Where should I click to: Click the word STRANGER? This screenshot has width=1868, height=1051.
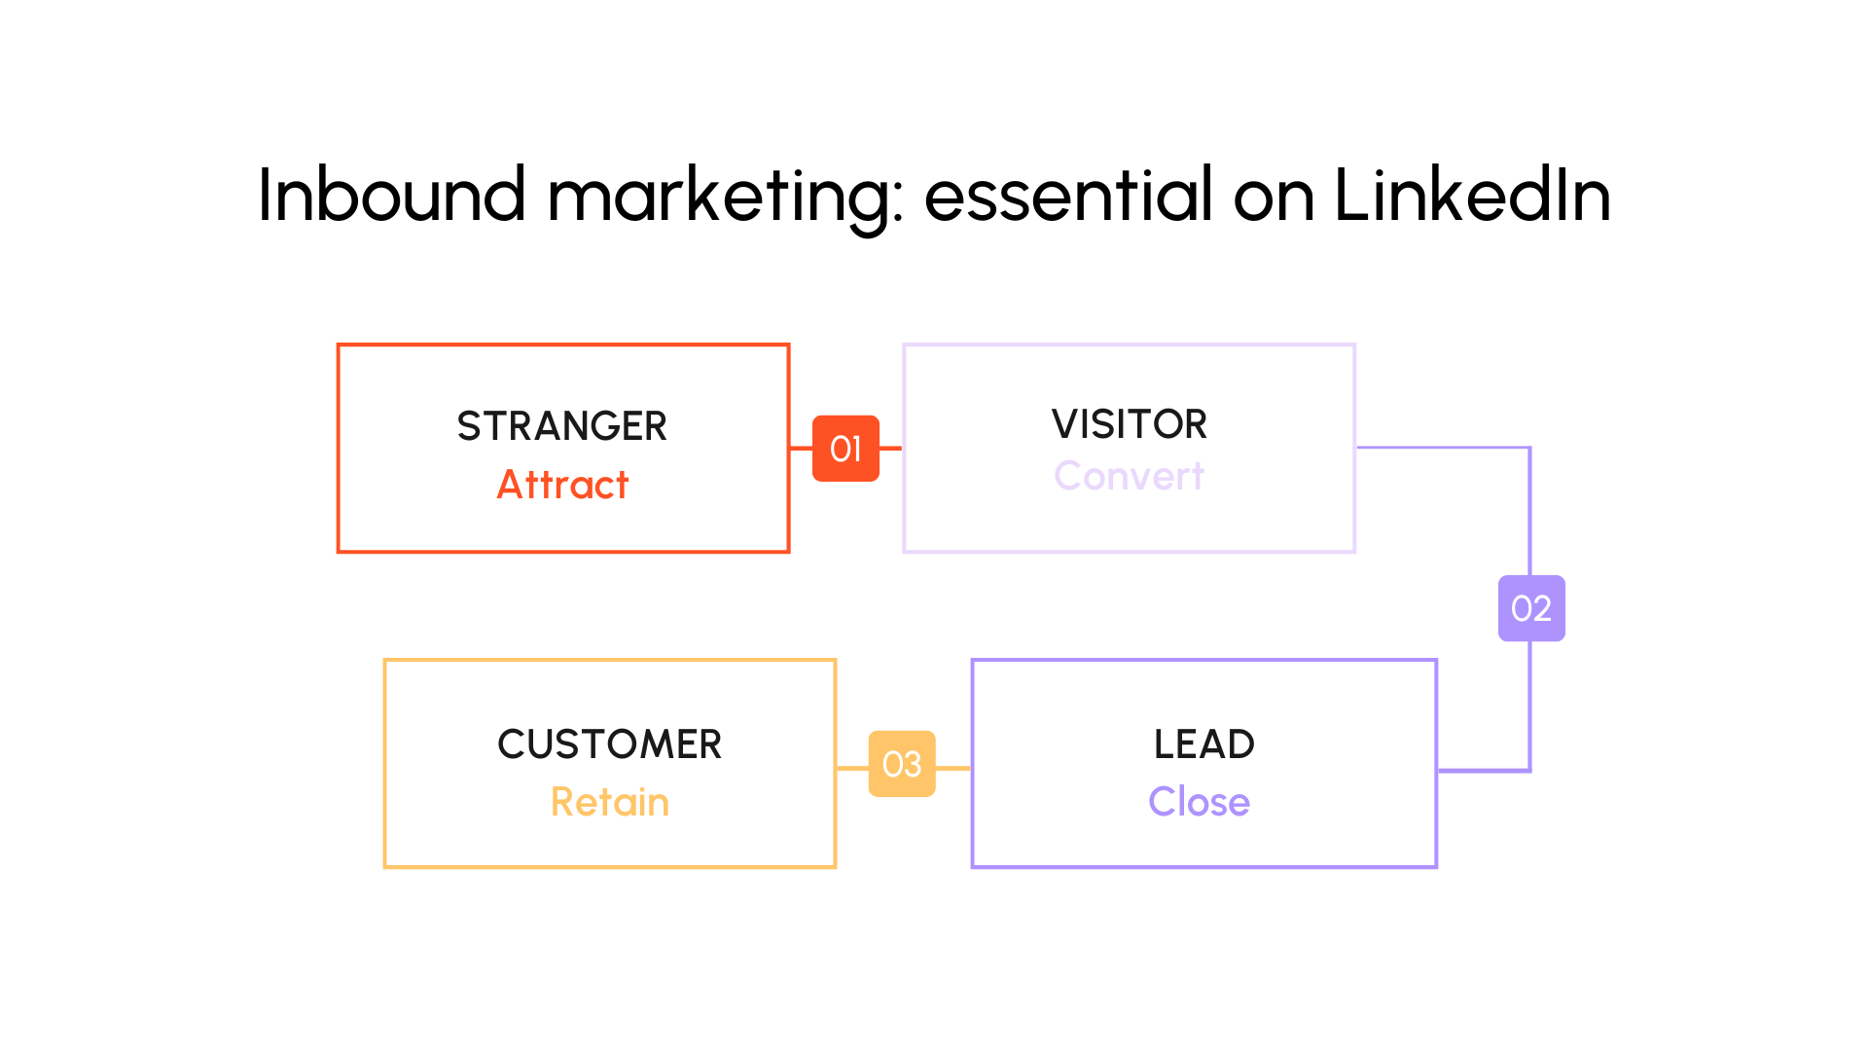562,426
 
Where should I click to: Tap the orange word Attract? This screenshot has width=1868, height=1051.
562,485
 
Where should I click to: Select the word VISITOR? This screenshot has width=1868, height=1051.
1129,424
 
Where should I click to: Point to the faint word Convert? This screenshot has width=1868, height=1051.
1129,476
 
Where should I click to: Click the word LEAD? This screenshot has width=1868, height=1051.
1203,744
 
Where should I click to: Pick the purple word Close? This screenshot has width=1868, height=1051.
1199,802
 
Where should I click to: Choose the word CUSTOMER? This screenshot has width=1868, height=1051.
609,744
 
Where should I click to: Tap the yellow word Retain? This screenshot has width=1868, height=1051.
609,802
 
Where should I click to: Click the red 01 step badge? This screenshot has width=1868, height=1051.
845,449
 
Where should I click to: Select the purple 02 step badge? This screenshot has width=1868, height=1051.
1531,608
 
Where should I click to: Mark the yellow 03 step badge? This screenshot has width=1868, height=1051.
902,764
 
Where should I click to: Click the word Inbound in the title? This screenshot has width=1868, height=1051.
391,196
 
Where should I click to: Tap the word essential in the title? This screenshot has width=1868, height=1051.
1068,196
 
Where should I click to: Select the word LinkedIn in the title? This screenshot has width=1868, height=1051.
1471,196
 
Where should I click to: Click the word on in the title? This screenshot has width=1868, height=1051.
1274,199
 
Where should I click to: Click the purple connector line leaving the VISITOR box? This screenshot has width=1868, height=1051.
1440,448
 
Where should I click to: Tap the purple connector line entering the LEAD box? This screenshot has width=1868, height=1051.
1484,770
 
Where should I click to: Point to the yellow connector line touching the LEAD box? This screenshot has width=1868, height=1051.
953,768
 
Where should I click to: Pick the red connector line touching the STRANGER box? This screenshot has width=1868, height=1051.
801,449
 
